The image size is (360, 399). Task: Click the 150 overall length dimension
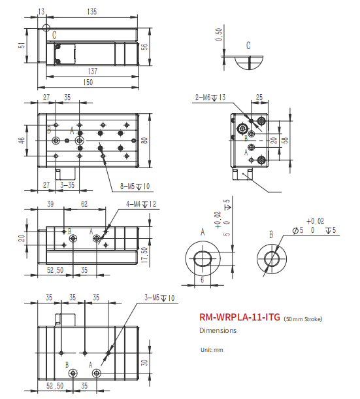pos(88,82)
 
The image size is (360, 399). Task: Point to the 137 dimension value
pos(91,71)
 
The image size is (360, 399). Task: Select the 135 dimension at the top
pos(91,12)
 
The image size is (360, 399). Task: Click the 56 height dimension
pos(145,46)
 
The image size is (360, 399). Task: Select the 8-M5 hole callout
pos(135,186)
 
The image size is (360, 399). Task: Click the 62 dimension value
pos(84,205)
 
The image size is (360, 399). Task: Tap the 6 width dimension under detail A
pos(203,279)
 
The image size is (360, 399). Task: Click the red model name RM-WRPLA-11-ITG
pos(240,318)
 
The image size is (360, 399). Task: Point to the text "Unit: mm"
pos(212,350)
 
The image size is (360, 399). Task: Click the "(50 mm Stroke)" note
pos(303,319)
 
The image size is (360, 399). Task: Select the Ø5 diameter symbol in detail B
pos(297,231)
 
